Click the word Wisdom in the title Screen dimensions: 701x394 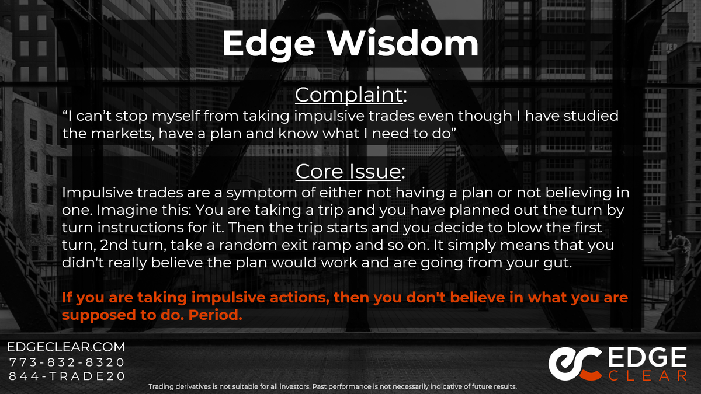[x=403, y=43]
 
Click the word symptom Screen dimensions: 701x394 [x=261, y=193]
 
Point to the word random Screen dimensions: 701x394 [x=248, y=245]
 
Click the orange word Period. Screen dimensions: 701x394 [x=216, y=315]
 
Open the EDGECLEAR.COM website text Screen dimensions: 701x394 [x=66, y=347]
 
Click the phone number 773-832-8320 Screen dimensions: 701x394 [x=67, y=362]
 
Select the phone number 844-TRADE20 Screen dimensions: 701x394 [x=67, y=376]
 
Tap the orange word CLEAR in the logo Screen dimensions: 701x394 [x=647, y=375]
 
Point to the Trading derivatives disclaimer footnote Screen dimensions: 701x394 [x=332, y=386]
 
